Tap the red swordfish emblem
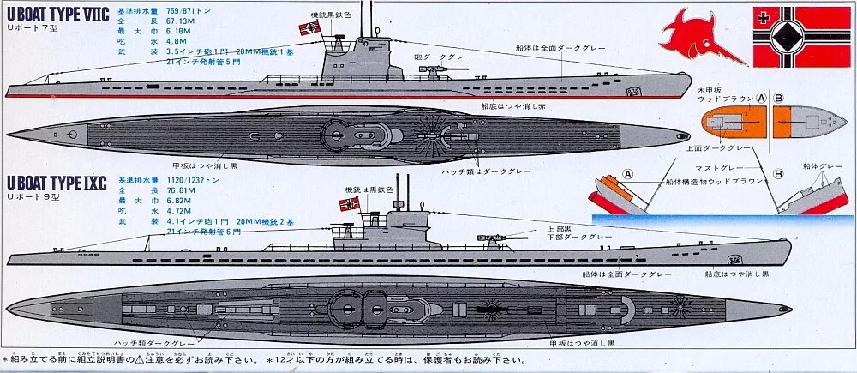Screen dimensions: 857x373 698,33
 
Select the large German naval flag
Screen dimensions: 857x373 802,37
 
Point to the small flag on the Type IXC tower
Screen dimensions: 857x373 350,203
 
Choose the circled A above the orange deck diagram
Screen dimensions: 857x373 759,98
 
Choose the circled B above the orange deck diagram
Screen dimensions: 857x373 779,98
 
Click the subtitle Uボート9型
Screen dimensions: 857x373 33,196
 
